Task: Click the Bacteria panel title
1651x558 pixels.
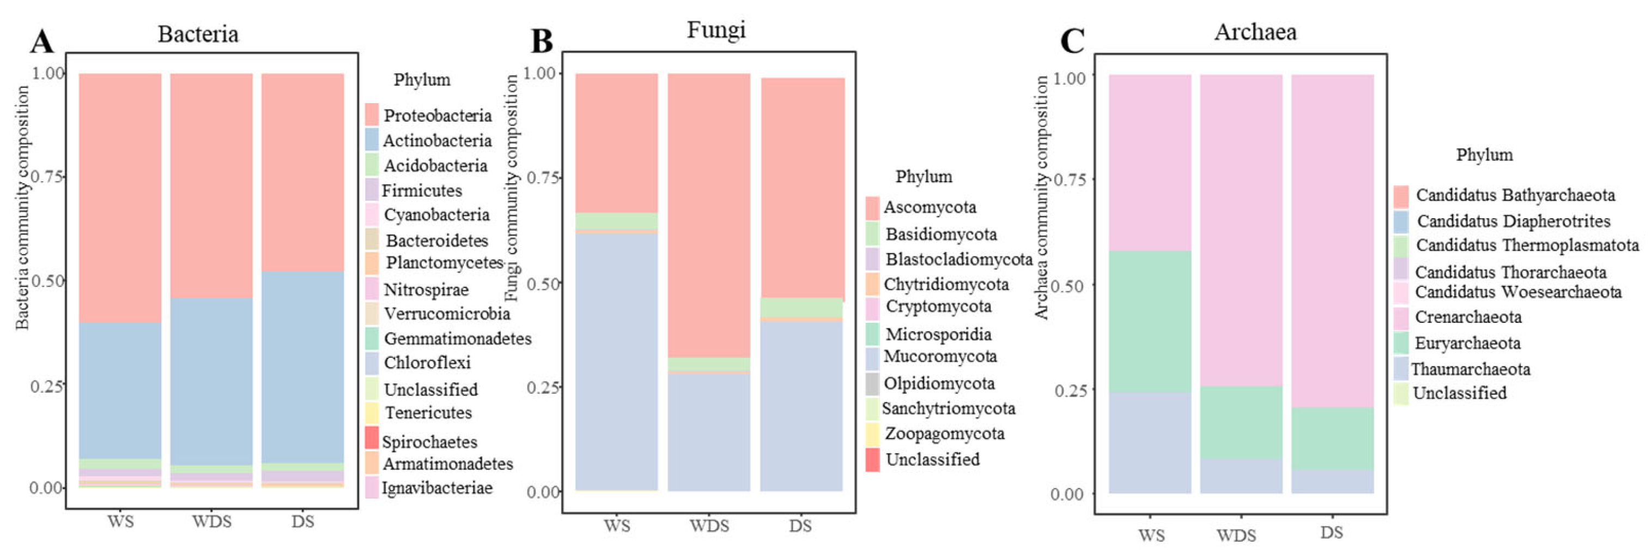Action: (x=198, y=34)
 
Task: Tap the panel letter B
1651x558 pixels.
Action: (x=542, y=41)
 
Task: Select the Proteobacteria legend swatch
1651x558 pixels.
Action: (x=372, y=115)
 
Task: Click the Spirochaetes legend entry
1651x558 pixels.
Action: (x=429, y=441)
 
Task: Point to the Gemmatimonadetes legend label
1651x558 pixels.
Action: (x=457, y=338)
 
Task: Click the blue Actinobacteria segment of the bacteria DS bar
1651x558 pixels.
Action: (x=302, y=365)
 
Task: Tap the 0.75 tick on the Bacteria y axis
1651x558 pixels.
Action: (x=47, y=176)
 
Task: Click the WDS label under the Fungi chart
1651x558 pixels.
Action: (x=709, y=526)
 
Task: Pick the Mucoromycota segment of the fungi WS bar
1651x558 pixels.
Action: (x=617, y=359)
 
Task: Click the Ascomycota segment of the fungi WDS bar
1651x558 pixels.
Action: (x=709, y=212)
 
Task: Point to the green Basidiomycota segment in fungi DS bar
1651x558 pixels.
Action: (x=801, y=307)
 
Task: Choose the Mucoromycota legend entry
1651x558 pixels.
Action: (x=939, y=357)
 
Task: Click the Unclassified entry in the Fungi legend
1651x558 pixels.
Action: (x=932, y=459)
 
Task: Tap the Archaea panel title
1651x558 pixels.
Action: (x=1255, y=32)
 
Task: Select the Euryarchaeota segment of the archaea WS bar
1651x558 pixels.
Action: (x=1150, y=321)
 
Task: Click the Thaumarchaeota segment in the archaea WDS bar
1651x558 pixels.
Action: (x=1241, y=475)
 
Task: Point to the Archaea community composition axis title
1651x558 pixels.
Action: (x=1041, y=197)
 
